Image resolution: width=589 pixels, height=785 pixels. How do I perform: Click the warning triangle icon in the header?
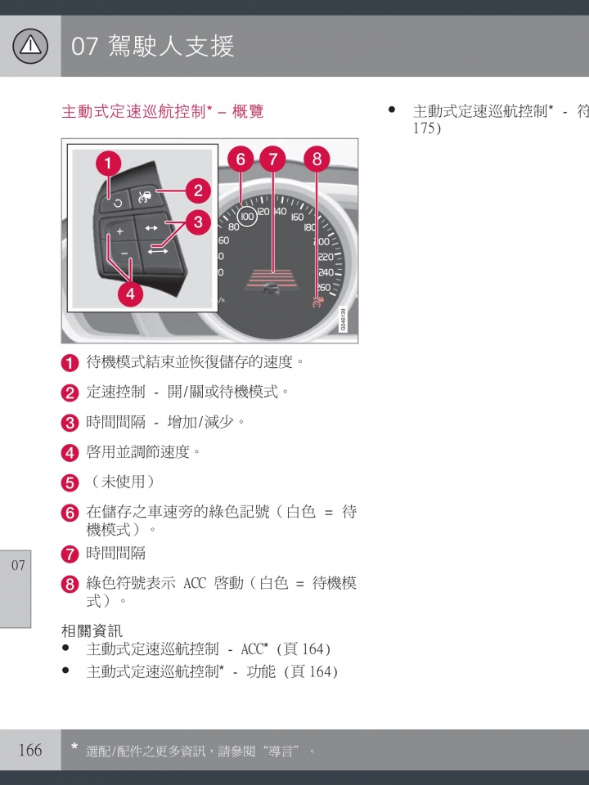pos(30,46)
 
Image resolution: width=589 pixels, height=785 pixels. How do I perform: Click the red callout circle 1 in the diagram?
pos(108,164)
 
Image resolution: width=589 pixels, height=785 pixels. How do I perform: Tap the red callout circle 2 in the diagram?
pos(198,191)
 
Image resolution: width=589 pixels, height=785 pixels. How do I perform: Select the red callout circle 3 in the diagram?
pos(198,222)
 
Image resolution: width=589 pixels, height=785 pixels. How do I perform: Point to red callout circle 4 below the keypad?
pos(130,294)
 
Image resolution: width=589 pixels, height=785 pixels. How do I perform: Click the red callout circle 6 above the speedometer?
pos(241,159)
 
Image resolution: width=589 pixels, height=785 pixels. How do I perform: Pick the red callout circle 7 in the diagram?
pos(273,159)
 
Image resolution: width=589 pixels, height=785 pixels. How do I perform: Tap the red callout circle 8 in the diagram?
pos(317,159)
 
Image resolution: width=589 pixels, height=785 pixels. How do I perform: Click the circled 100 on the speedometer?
pos(247,216)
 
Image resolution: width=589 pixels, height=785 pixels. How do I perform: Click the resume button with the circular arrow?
pos(118,203)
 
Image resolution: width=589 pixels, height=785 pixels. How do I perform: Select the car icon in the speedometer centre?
pos(271,289)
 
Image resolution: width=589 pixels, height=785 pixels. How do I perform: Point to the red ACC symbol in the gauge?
pos(318,302)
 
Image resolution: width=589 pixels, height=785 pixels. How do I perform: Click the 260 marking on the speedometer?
pos(324,287)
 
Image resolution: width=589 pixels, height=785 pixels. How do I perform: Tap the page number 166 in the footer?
pos(30,750)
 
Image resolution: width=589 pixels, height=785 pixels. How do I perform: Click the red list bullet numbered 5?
pos(70,483)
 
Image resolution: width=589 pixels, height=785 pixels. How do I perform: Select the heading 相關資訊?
pos(92,630)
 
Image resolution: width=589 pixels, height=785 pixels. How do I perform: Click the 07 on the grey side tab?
pos(18,565)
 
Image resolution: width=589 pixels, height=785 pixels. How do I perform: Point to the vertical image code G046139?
pos(343,320)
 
